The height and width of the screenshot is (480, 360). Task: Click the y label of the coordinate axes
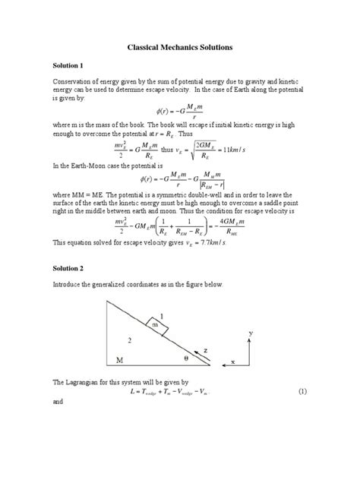[x=250, y=332]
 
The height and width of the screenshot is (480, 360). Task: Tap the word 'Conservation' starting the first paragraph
[x=75, y=84]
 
